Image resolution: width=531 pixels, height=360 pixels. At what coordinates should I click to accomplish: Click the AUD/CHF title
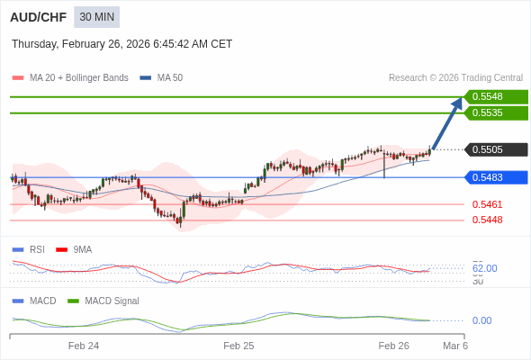(37, 17)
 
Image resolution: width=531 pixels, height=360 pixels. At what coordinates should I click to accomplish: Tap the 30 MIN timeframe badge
(96, 17)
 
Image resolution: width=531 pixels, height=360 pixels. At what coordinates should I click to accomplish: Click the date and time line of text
(121, 44)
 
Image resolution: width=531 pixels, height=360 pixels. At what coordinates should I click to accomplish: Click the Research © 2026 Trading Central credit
(455, 77)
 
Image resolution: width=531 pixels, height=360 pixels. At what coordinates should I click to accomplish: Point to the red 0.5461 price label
(487, 204)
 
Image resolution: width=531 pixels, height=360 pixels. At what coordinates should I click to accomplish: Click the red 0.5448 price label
(487, 220)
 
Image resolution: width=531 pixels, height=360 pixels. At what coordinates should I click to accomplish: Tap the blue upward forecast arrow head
(457, 103)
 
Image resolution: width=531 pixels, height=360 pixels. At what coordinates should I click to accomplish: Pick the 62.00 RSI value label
(484, 268)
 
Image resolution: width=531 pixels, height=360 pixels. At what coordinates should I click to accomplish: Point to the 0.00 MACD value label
(481, 320)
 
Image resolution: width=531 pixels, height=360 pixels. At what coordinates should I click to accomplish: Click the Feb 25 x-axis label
(238, 346)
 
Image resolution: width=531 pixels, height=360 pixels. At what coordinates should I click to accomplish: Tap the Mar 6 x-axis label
(455, 346)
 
